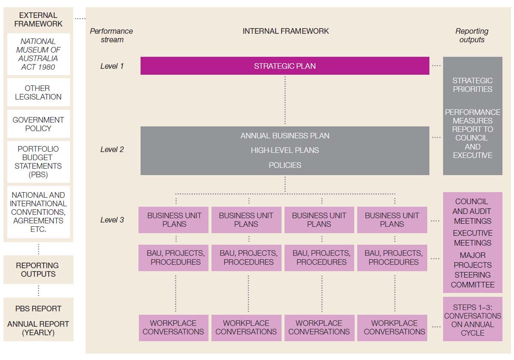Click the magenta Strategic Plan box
click(285, 66)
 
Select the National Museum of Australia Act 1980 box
click(38, 54)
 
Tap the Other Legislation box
click(38, 92)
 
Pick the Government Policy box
click(38, 124)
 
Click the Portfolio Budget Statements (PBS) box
click(38, 162)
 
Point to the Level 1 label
click(112, 66)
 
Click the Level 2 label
click(112, 149)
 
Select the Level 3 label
click(112, 220)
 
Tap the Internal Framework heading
click(286, 31)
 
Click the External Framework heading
click(38, 20)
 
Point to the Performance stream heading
click(112, 35)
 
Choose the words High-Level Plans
click(285, 150)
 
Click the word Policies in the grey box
click(285, 165)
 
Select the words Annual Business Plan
click(285, 136)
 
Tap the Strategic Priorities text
click(473, 85)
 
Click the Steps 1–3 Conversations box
click(473, 319)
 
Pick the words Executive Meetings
click(473, 238)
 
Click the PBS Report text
click(38, 309)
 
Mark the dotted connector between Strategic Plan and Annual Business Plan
click(285, 100)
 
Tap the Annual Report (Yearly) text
click(38, 328)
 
